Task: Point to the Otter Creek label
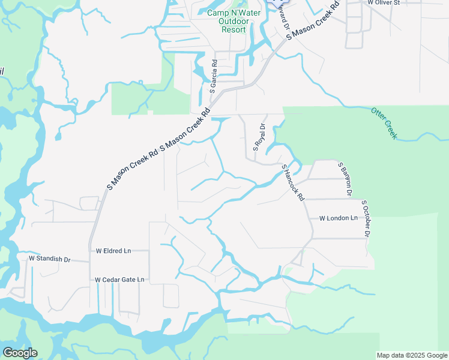[x=384, y=124]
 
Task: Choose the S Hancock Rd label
[x=293, y=182]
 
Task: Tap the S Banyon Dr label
[x=344, y=179]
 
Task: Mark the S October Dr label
[x=366, y=218]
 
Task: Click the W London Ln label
[x=338, y=218]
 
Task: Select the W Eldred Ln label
[x=113, y=250]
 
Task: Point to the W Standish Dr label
[x=50, y=259]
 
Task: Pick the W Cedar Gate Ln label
[x=119, y=280]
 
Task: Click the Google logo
[x=20, y=353]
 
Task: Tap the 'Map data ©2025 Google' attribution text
[x=411, y=355]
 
